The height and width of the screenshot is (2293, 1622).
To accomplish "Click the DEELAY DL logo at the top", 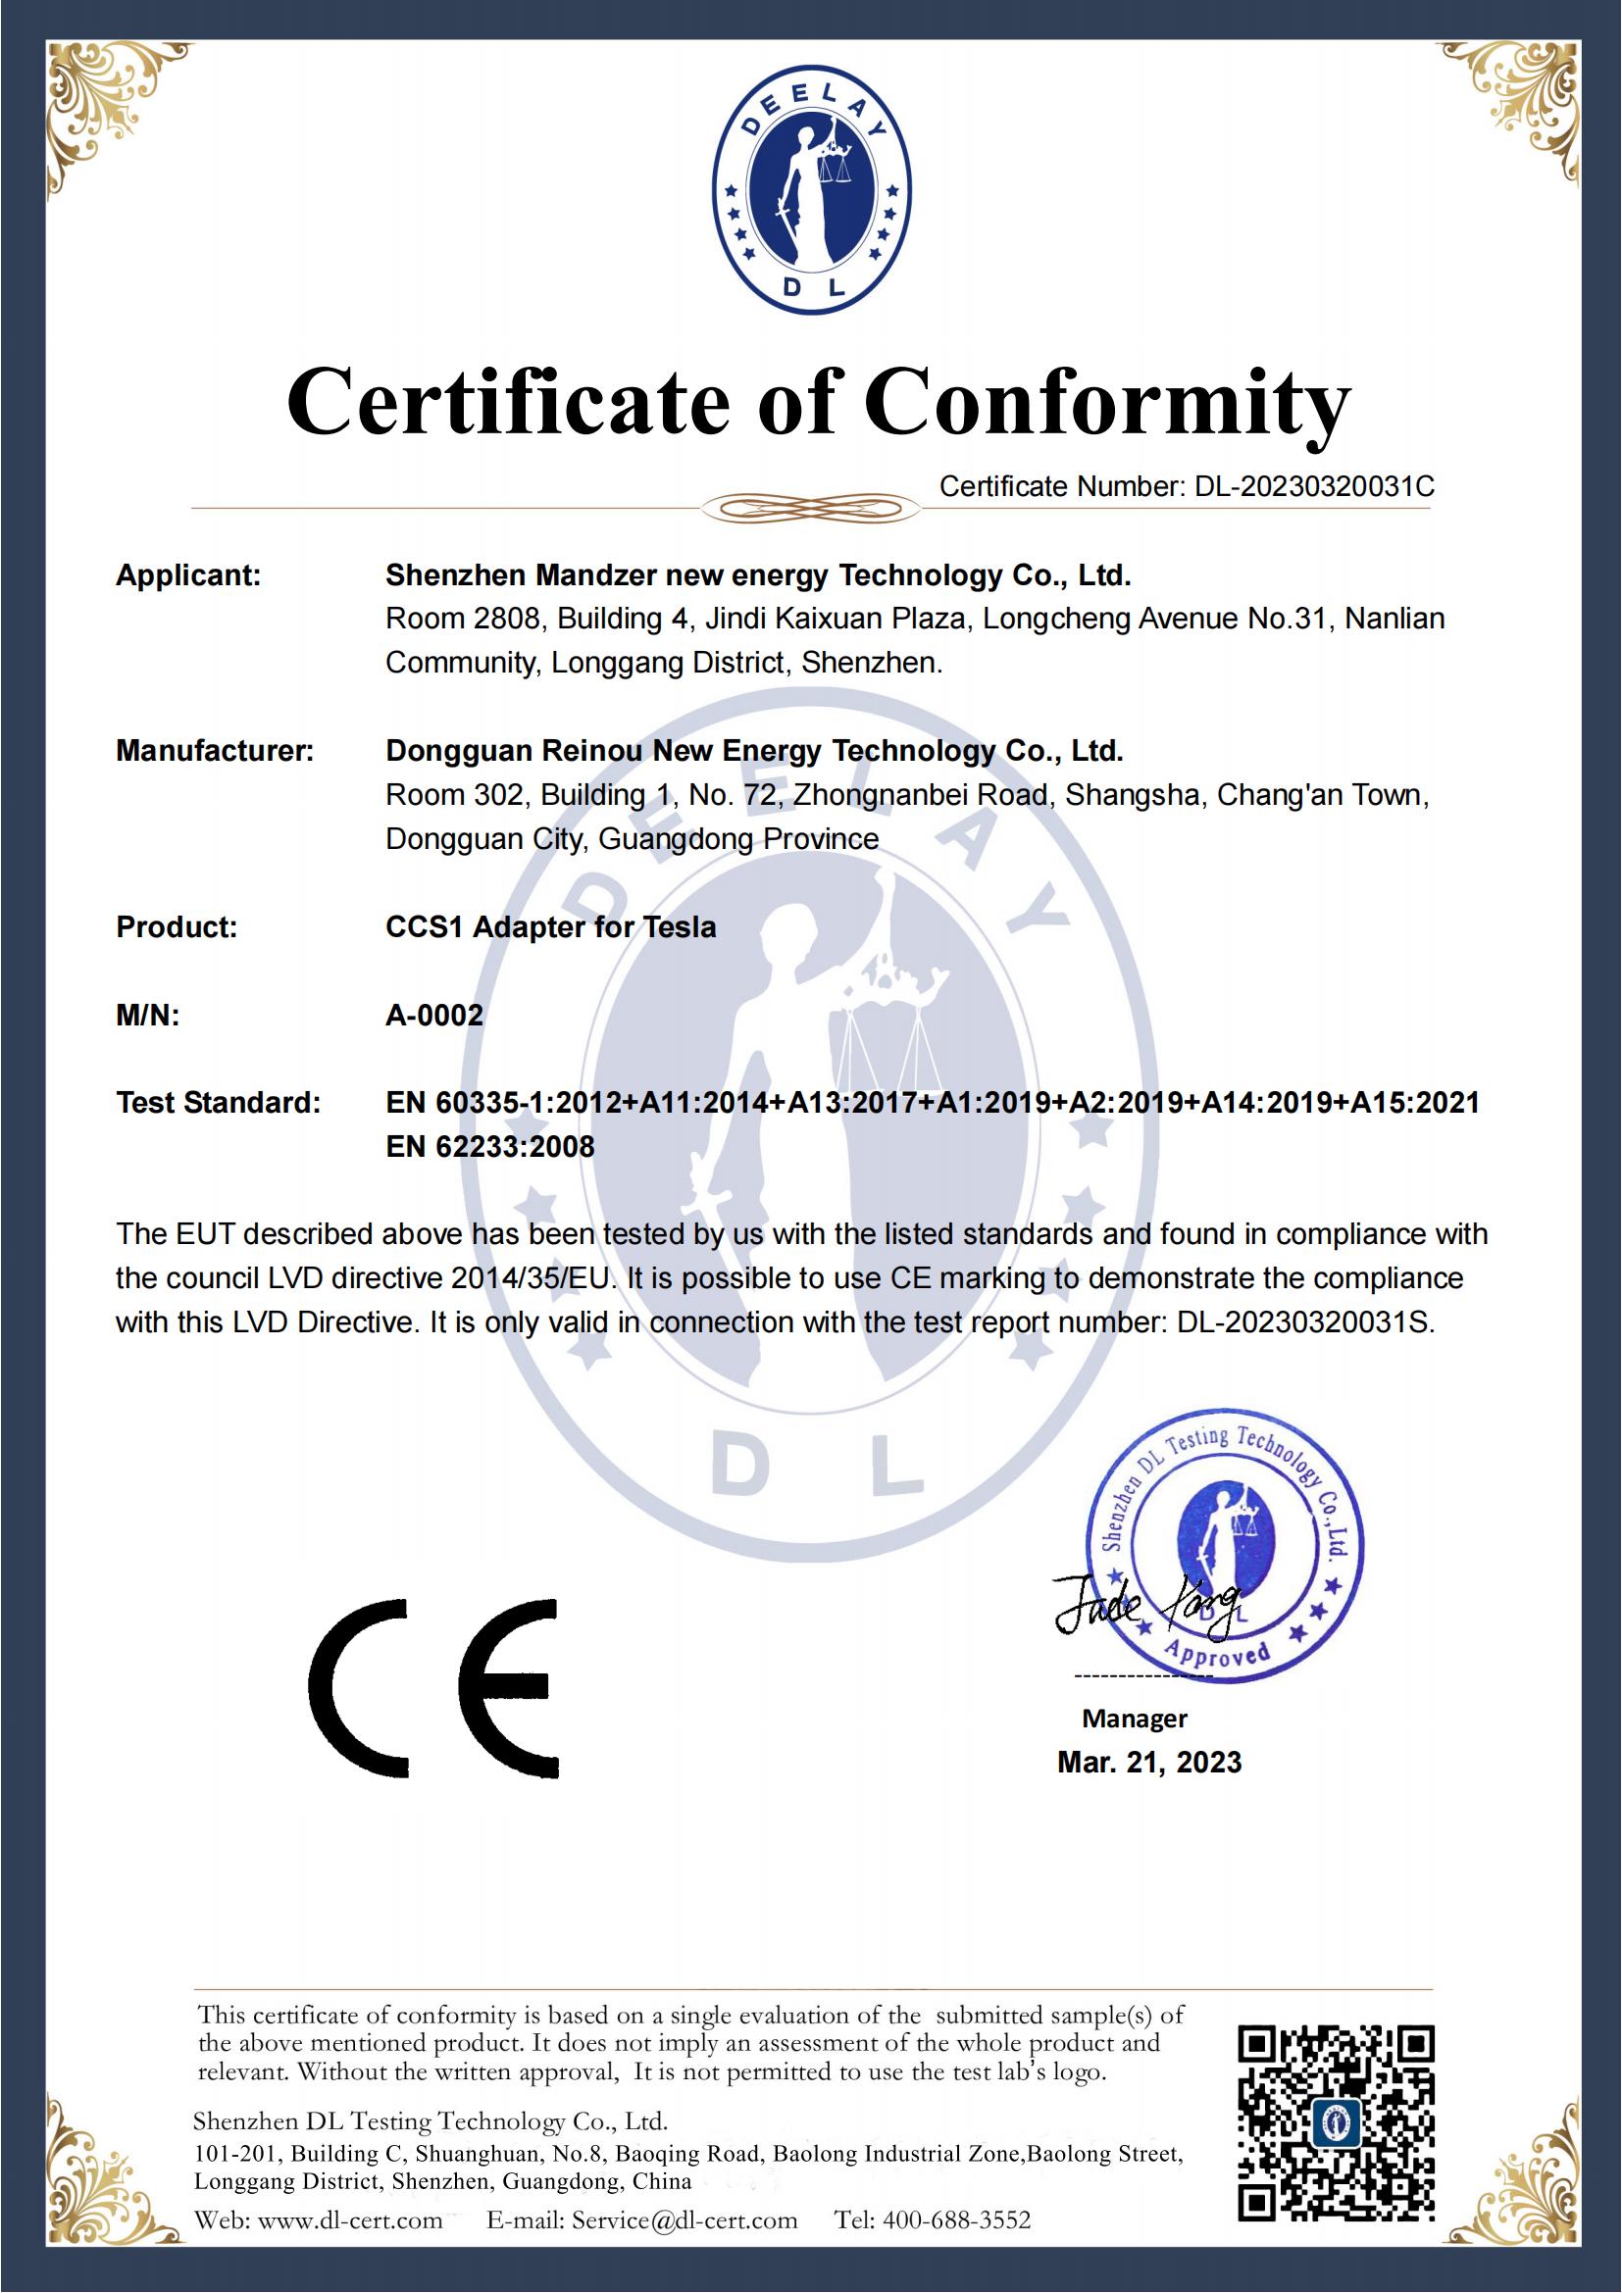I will [811, 191].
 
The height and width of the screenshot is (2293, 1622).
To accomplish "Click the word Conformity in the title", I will [1106, 403].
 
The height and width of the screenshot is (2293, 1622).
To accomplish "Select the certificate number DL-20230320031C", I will [1314, 486].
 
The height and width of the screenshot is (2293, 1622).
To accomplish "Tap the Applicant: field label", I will [187, 575].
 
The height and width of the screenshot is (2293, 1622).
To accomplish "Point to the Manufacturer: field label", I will [215, 751].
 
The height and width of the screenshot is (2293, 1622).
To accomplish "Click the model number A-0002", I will [434, 1016].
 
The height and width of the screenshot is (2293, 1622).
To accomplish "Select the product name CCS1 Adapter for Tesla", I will [550, 927].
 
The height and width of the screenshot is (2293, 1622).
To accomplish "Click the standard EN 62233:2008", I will [489, 1147].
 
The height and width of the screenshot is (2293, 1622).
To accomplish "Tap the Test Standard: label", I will [218, 1103].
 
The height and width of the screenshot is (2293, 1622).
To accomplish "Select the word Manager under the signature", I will [1134, 1719].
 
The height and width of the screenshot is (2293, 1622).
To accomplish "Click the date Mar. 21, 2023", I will [1148, 1763].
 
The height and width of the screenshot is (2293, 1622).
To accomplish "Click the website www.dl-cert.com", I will [349, 2220].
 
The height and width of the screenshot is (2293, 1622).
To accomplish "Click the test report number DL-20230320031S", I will [1304, 1323].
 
